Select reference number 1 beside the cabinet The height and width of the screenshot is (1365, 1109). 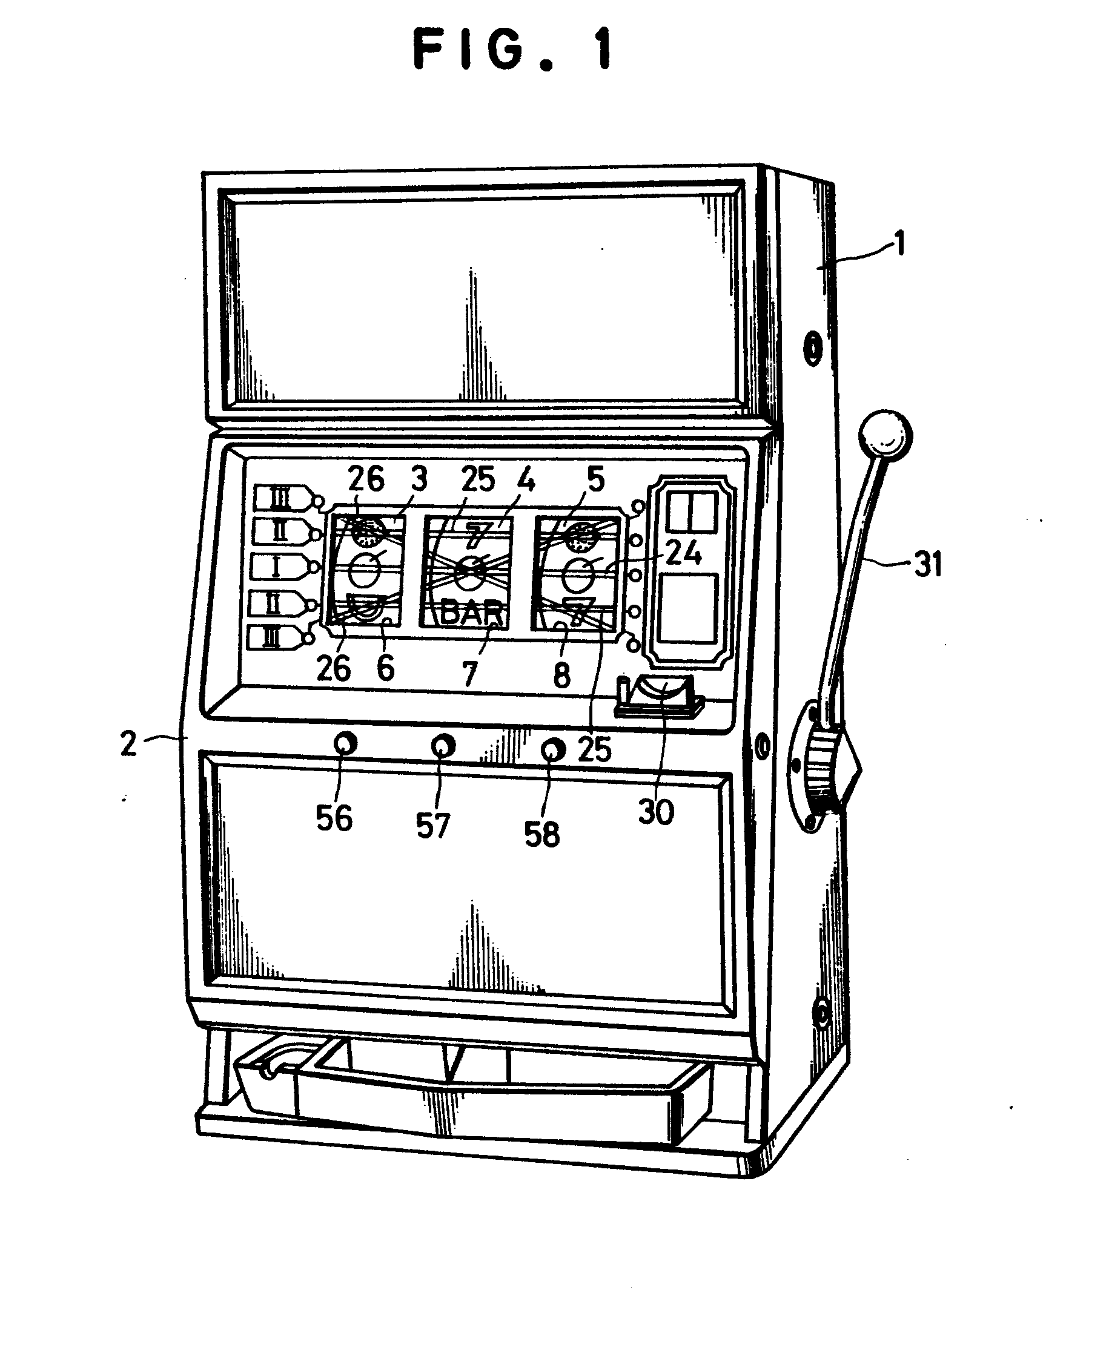coord(900,243)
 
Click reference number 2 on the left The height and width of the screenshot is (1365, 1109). coord(129,743)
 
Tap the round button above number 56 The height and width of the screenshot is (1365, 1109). coord(346,743)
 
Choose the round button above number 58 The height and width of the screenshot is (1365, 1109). coord(553,749)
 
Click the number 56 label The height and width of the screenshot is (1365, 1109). coord(334,818)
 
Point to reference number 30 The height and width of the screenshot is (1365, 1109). coord(656,812)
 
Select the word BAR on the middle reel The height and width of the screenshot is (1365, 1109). coord(471,613)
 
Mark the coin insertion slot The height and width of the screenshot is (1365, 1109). coord(661,696)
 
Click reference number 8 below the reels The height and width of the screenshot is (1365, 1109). coord(561,676)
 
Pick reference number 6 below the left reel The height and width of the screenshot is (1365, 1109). coord(386,668)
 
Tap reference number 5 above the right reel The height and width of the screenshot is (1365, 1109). coord(595,479)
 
